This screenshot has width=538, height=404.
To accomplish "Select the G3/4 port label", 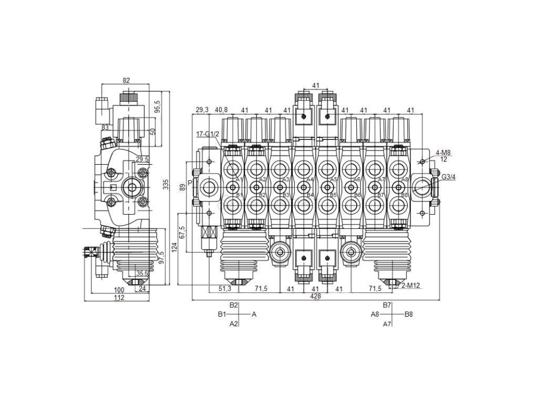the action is coord(448,177).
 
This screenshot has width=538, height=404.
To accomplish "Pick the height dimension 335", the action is coord(167,185).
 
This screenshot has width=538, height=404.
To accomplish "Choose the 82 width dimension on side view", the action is coord(126,80).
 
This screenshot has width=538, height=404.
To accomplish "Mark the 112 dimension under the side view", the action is coord(119,298).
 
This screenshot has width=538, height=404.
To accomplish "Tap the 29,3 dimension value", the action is coord(202,110).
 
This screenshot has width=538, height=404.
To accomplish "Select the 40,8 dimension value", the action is coord(221,110).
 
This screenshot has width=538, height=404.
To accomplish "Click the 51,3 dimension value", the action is coord(224,289).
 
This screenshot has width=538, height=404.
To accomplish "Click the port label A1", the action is coord(239,180).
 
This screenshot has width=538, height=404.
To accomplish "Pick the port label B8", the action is coord(405,195).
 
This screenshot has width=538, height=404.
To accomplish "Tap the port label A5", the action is coord(333,180).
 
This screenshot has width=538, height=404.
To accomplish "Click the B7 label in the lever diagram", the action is coord(387,305).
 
